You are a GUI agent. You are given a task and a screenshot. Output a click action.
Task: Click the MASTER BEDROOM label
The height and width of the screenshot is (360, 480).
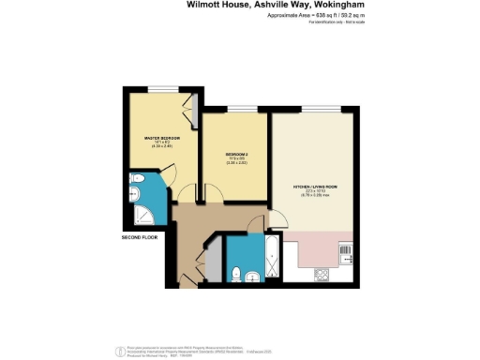[x=161, y=139]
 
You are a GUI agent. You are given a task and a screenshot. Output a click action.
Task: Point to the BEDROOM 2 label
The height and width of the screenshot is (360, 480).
[x=235, y=154]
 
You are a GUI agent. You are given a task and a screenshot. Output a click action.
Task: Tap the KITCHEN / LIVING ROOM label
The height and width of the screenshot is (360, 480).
[x=314, y=190]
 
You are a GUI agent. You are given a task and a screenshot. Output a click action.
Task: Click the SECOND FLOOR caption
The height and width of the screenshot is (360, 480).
[x=139, y=237]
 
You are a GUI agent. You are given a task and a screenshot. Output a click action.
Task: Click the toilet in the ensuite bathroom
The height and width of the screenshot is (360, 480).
[x=137, y=181]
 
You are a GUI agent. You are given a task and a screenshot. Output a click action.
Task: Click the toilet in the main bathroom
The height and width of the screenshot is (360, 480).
[x=240, y=273]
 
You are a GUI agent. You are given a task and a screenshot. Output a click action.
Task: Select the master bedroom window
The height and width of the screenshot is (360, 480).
[x=161, y=89]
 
